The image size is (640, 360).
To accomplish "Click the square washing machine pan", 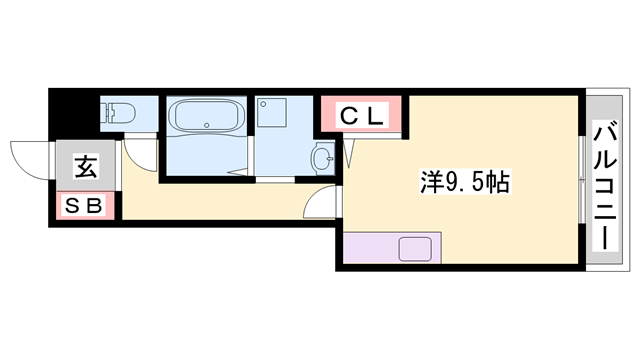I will pos(272,114).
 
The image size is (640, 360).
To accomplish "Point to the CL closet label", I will pos(361,116).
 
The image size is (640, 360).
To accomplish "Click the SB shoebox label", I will pos(84,207).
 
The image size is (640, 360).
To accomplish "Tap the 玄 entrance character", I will pos(84,168).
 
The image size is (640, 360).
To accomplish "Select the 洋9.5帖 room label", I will pos(466,182).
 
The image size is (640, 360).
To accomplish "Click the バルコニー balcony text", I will pos(604,185).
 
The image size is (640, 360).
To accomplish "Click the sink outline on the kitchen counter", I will pos(416,248).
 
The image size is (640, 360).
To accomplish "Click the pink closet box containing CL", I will pos(362,116).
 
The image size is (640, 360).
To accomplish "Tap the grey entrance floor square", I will pos(84,166).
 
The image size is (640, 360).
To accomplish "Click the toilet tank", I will pos(106,113).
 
